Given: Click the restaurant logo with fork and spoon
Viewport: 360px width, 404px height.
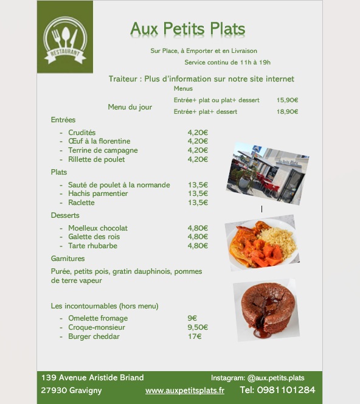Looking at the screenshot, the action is point(64,38).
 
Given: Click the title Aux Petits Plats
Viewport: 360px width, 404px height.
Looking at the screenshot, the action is point(187,29).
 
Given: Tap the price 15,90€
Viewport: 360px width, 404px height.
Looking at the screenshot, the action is point(287,100).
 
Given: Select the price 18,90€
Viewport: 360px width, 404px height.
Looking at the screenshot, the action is point(287,112).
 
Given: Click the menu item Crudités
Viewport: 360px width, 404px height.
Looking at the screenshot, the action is point(81,133).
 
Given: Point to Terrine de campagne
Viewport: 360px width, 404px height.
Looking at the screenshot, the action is point(103,150).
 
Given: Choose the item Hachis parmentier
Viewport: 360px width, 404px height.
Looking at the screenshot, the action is point(98,193).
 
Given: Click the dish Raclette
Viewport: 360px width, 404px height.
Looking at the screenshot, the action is point(81,203).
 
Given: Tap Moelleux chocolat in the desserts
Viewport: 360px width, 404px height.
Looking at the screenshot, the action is point(98,228).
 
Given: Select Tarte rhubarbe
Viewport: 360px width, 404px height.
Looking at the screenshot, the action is point(92,246).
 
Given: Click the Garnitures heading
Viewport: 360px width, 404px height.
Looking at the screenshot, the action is point(67,259).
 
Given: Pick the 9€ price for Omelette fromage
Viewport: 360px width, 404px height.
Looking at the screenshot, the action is point(192,318).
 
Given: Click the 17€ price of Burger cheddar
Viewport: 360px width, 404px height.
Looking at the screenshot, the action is point(194,336).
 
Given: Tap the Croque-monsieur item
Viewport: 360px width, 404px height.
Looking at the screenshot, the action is point(96,327).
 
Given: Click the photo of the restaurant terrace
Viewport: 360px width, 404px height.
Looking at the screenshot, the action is point(268,173).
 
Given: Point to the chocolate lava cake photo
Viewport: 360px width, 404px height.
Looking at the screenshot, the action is point(265,310).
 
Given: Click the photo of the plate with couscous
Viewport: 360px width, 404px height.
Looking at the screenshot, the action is point(261,242).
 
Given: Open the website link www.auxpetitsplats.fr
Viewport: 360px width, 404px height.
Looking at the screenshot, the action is point(185,391).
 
